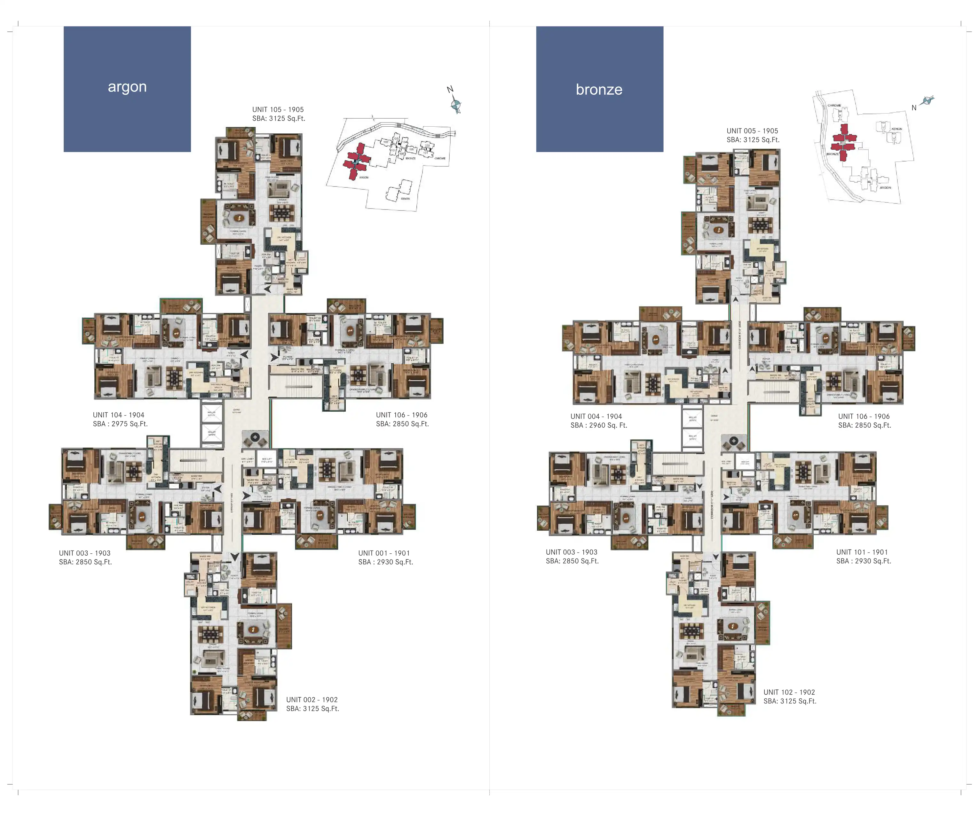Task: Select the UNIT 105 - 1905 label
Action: point(278,110)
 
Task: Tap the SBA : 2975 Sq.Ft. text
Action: point(120,424)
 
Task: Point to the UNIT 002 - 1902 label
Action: point(312,700)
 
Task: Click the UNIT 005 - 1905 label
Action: point(752,131)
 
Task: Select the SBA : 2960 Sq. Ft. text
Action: point(599,425)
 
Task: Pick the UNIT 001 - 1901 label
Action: point(384,553)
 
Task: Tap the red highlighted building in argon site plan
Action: point(357,161)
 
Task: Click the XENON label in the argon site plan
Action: point(405,199)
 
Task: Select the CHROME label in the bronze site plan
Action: point(834,105)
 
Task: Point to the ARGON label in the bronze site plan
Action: point(885,187)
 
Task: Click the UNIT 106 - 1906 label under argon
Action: point(401,415)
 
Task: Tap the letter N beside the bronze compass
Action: point(914,108)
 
